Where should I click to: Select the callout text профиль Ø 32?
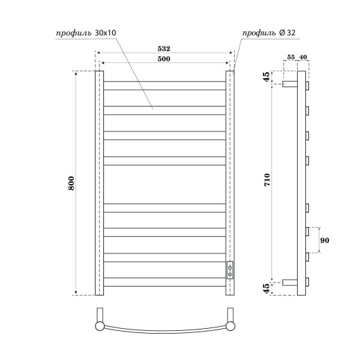tap(267, 33)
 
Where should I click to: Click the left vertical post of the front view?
tap(98, 183)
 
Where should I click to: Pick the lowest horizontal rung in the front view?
tap(164, 280)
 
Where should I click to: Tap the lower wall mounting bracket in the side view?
tap(289, 282)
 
